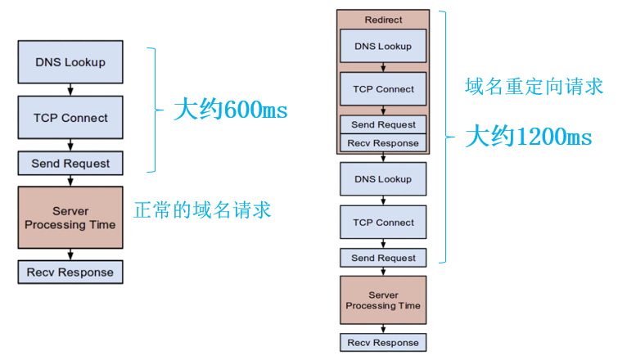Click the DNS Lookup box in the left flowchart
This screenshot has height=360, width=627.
[x=70, y=62]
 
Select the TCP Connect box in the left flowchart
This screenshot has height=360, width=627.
[x=70, y=118]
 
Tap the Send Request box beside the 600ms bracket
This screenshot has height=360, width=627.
[x=70, y=164]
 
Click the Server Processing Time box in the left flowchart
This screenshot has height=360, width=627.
[x=70, y=218]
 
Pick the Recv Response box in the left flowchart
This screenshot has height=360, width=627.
[x=70, y=272]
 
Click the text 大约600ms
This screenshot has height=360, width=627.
[x=231, y=110]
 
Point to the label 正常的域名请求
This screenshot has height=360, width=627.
[x=202, y=209]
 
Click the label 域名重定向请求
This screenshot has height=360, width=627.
[x=534, y=86]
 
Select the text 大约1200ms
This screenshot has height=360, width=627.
[x=528, y=137]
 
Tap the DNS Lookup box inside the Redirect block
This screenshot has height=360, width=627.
[x=383, y=47]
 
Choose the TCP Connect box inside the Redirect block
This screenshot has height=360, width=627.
[x=383, y=89]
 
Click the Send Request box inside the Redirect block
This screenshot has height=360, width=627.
[x=383, y=124]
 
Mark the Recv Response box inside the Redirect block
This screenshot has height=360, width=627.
[x=383, y=143]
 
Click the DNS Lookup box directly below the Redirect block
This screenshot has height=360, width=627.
[x=383, y=179]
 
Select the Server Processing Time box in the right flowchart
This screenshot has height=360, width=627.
[x=383, y=300]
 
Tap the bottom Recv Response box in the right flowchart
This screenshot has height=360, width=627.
[x=383, y=343]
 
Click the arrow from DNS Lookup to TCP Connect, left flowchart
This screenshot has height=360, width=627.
[x=70, y=88]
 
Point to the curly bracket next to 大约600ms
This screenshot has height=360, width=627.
[x=152, y=110]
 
